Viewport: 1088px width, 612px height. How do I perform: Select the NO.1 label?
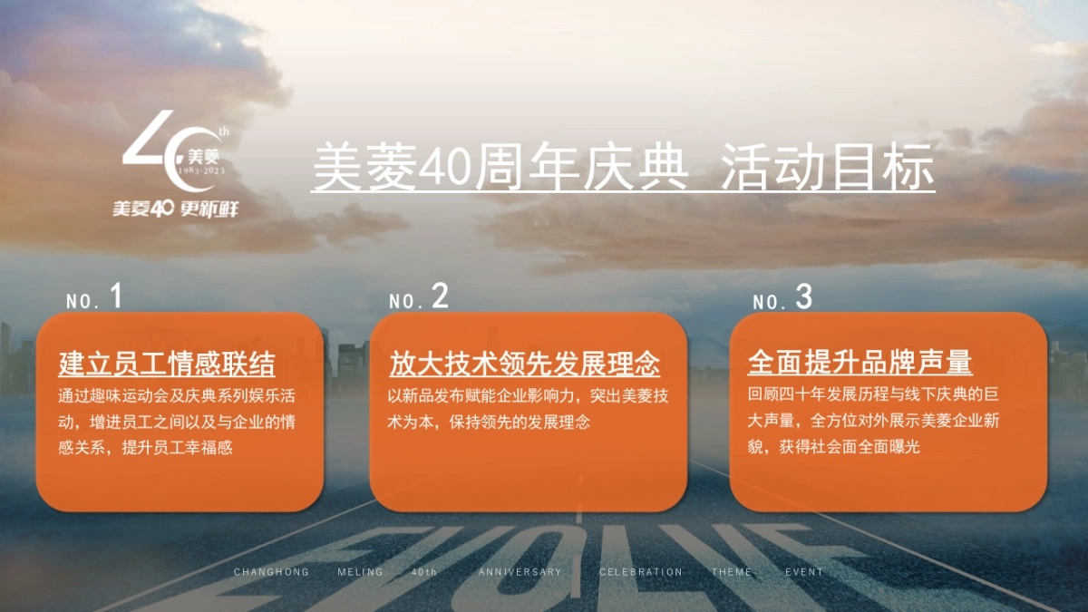(94, 298)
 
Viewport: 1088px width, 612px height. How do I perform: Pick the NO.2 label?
(418, 298)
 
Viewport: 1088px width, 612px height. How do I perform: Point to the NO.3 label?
(782, 298)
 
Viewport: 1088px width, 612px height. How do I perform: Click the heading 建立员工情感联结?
(167, 364)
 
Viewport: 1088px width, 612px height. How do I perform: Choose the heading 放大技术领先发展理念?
(525, 364)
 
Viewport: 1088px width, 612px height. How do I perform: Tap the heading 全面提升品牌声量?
(860, 363)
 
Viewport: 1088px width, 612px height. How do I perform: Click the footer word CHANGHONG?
(272, 572)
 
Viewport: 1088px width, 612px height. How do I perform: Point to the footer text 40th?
(424, 572)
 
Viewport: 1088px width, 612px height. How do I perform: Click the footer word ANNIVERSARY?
(520, 572)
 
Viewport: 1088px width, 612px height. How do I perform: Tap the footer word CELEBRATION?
(641, 572)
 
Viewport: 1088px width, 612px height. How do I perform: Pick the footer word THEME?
(732, 572)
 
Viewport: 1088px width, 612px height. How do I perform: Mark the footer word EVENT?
(804, 572)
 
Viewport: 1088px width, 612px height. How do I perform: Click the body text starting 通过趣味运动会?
(178, 422)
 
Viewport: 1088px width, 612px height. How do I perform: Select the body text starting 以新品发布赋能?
(529, 409)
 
